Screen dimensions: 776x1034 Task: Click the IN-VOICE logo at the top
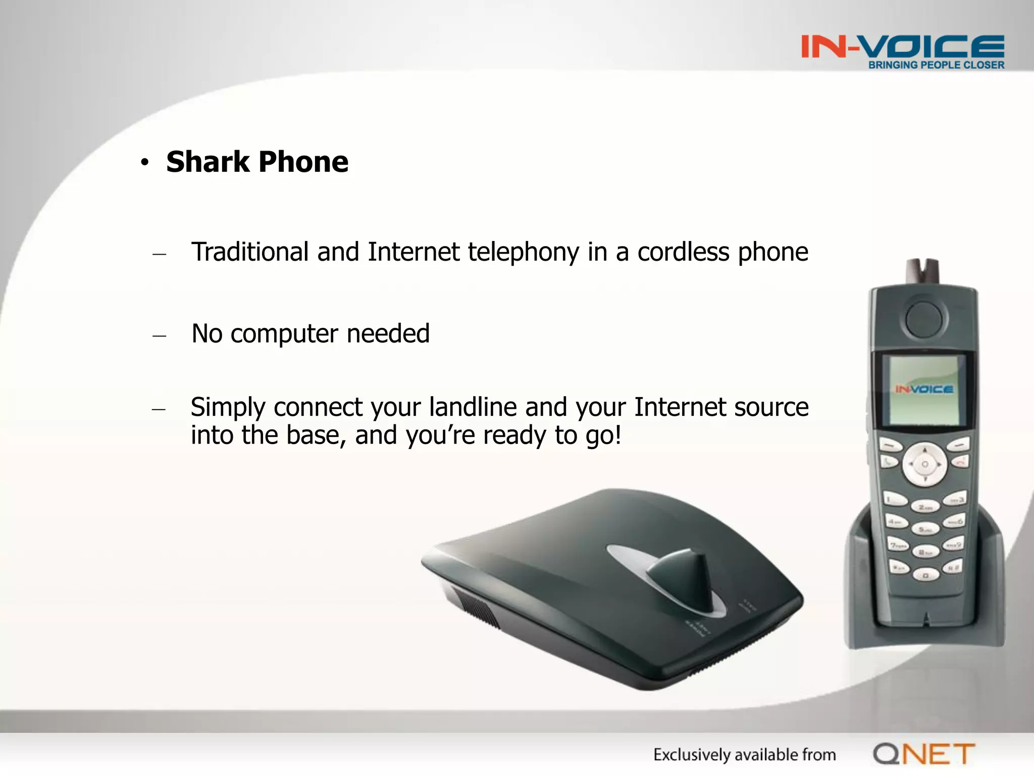point(902,46)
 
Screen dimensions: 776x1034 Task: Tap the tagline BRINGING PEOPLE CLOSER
point(936,65)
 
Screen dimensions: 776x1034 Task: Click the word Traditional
point(250,252)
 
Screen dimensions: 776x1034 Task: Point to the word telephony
point(523,253)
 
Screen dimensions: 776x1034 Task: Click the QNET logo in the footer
point(924,754)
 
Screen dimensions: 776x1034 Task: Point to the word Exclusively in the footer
point(692,755)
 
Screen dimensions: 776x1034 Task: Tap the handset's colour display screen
point(923,390)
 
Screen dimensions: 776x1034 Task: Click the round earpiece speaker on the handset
point(923,319)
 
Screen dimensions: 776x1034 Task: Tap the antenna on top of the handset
point(922,272)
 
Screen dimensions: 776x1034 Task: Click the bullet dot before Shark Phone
point(145,162)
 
